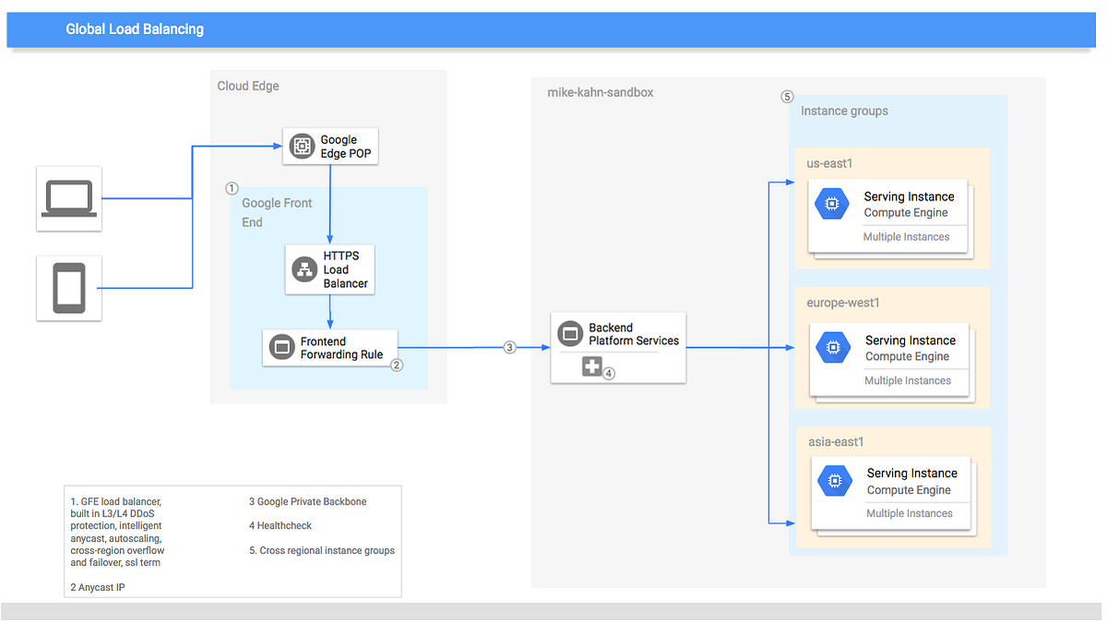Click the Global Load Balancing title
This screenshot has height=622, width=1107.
point(135,30)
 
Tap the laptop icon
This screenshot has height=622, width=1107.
point(69,197)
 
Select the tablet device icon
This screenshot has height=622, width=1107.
point(69,288)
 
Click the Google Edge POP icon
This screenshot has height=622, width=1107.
point(302,146)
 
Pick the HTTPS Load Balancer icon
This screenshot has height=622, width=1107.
point(304,269)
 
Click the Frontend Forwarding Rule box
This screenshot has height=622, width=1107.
point(329,347)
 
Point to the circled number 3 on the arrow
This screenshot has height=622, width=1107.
point(509,348)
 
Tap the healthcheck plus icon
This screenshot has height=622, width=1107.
point(591,366)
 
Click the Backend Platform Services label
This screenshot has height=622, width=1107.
point(633,334)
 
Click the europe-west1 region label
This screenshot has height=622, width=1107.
point(843,302)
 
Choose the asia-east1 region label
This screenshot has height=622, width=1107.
point(836,441)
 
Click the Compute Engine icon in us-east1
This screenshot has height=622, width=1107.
point(831,204)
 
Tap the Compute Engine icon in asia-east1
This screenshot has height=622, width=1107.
point(835,481)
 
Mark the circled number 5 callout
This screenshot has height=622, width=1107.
point(787,96)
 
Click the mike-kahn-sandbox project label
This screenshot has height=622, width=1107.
point(600,92)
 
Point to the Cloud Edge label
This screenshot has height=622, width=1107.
point(248,86)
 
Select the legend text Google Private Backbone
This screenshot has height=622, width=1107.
point(307,501)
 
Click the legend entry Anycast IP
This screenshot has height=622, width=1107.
point(97,587)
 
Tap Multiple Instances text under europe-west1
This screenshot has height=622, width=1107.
point(907,380)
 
